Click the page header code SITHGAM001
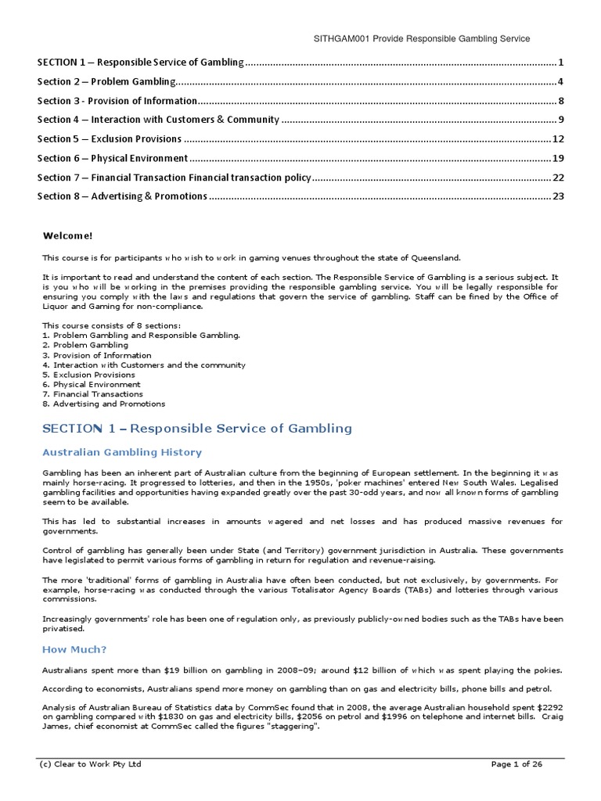pyautogui.click(x=340, y=38)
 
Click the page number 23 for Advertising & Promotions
pyautogui.click(x=558, y=196)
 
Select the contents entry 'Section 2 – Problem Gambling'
pyautogui.click(x=106, y=81)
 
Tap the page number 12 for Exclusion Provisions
pyautogui.click(x=558, y=139)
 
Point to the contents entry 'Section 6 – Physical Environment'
pyautogui.click(x=113, y=158)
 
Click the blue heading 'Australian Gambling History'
pyautogui.click(x=121, y=452)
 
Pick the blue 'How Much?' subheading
pyautogui.click(x=74, y=649)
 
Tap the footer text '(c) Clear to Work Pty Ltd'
pyautogui.click(x=90, y=764)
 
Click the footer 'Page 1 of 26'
pyautogui.click(x=516, y=764)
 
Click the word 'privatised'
pyautogui.click(x=63, y=628)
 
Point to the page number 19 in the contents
pyautogui.click(x=558, y=158)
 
